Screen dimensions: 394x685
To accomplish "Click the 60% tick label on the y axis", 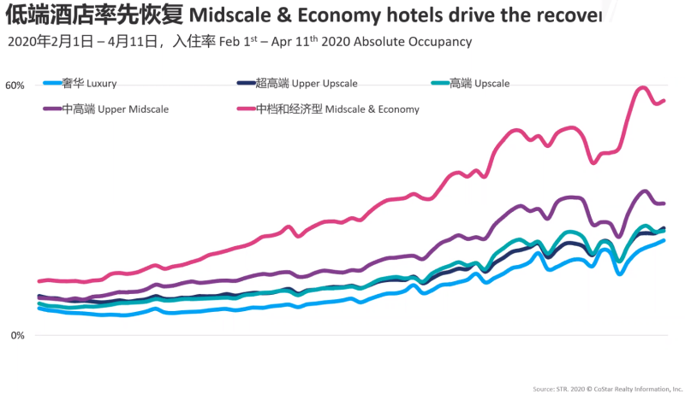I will tap(15, 85).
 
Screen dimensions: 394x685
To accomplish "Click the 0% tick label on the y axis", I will tap(17, 335).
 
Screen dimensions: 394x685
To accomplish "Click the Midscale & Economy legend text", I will tap(337, 109).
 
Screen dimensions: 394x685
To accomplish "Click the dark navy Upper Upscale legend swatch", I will tap(244, 84).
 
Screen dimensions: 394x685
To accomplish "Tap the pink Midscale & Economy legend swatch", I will tap(244, 109).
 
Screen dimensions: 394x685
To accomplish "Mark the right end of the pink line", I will tap(664, 101).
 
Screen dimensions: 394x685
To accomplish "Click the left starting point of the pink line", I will tap(39, 281).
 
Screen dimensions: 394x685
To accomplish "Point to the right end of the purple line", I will tap(664, 203).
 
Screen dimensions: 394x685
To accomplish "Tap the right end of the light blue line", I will tap(664, 240).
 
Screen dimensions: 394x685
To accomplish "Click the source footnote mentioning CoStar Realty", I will tap(607, 388).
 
